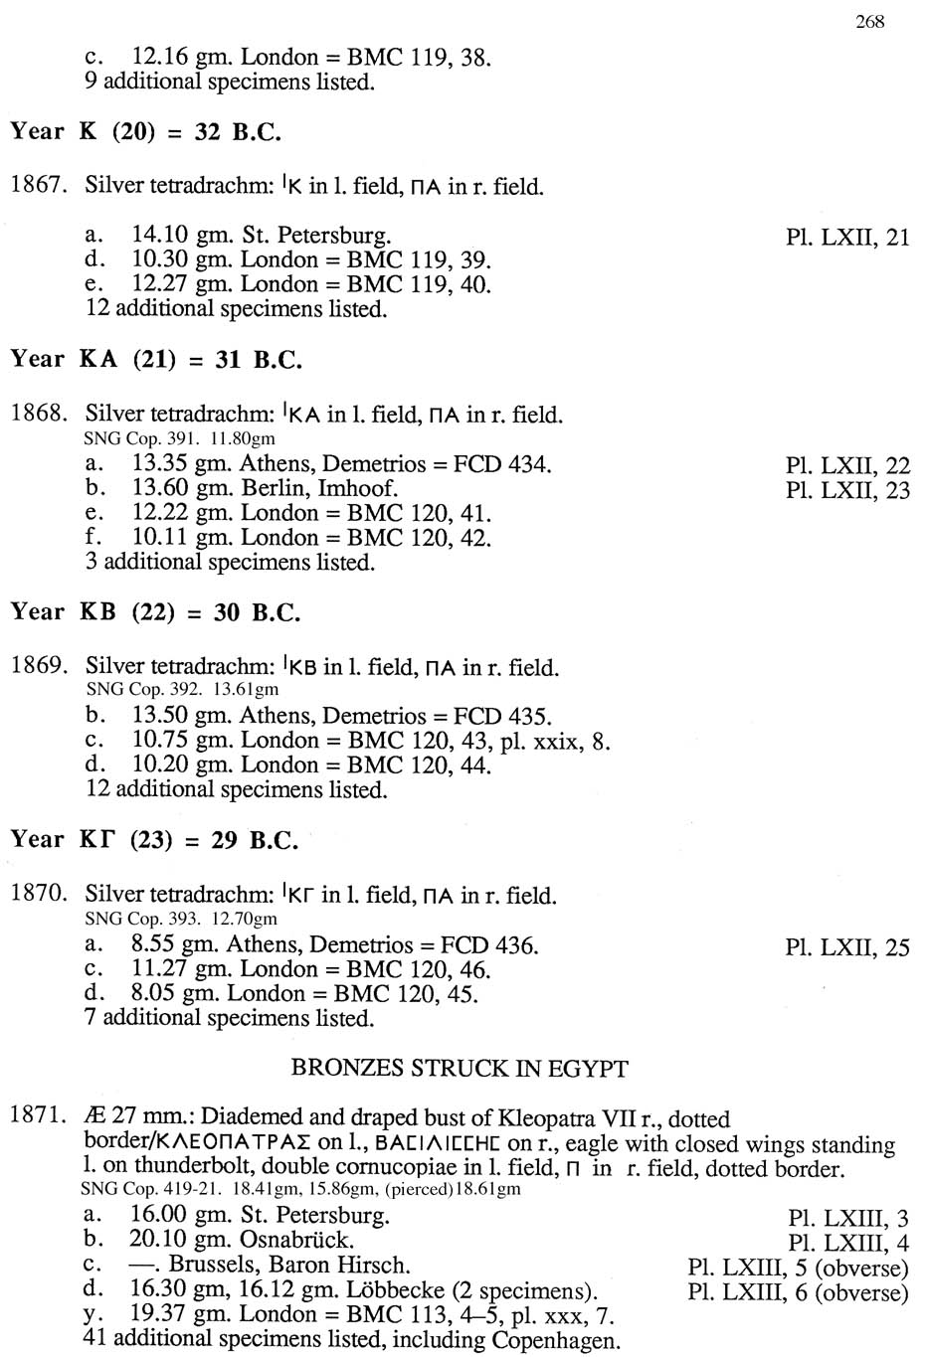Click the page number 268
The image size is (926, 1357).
[869, 22]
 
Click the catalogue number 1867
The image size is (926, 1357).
[38, 185]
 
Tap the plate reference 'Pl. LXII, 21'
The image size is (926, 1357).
[847, 237]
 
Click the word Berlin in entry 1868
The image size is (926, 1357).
[275, 488]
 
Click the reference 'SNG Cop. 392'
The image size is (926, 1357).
[144, 689]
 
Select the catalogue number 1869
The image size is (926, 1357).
[38, 666]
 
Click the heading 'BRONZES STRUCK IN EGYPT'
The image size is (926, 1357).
[460, 1069]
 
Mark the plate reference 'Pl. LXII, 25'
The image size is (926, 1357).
[847, 947]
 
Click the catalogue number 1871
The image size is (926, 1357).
[38, 1115]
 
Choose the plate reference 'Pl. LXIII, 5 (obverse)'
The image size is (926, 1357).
[798, 1269]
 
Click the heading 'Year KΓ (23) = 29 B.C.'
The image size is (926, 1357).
[154, 840]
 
